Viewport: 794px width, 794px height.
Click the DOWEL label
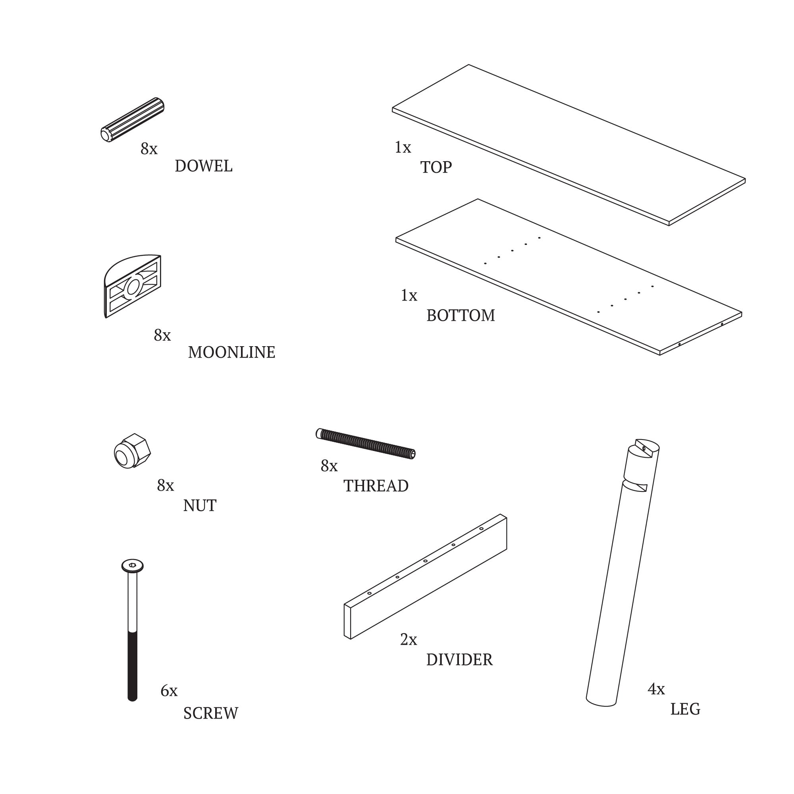point(203,166)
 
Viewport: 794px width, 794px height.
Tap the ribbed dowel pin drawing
point(132,119)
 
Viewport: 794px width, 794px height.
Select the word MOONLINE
point(231,352)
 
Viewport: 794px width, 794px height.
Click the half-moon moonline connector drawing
point(132,286)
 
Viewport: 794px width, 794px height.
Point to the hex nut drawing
point(132,451)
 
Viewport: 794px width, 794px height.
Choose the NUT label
point(199,505)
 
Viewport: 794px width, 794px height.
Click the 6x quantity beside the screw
point(169,691)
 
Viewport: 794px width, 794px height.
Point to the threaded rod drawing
point(365,444)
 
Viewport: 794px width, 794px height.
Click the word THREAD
point(376,486)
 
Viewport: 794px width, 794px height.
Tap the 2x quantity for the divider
point(409,640)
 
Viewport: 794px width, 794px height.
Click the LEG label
point(685,709)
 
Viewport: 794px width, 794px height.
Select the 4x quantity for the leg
point(656,689)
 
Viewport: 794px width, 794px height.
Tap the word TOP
point(436,167)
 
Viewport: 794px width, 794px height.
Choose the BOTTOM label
point(460,316)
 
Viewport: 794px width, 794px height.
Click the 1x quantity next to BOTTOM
point(409,295)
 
